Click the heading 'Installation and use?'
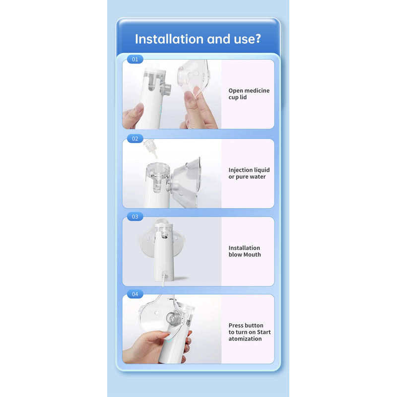tap(198, 39)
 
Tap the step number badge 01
tap(135, 59)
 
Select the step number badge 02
tap(135, 138)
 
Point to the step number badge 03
tap(135, 216)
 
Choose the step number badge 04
tap(135, 294)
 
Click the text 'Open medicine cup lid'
tap(249, 94)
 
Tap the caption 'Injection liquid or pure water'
tap(249, 173)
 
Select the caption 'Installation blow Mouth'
tap(245, 251)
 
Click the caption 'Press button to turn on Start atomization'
tap(250, 332)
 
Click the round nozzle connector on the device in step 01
tap(166, 89)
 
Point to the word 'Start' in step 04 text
tap(264, 332)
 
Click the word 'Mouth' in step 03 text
tap(253, 255)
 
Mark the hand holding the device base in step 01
tap(132, 116)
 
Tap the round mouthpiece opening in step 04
tap(173, 319)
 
